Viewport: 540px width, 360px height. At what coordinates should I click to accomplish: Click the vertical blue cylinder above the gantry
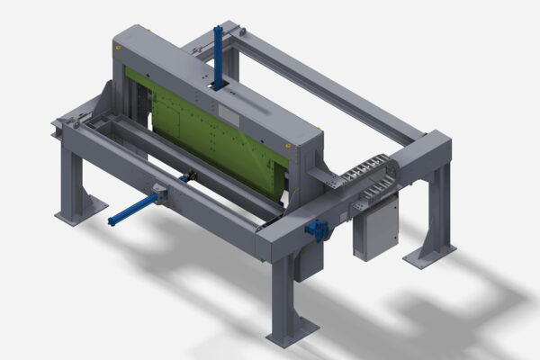[x=218, y=56]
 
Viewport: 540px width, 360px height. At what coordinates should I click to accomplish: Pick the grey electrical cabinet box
[x=375, y=229]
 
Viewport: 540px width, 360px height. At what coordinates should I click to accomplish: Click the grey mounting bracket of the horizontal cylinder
[x=159, y=192]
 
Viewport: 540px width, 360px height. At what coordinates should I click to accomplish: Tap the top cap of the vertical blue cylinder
[x=218, y=29]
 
